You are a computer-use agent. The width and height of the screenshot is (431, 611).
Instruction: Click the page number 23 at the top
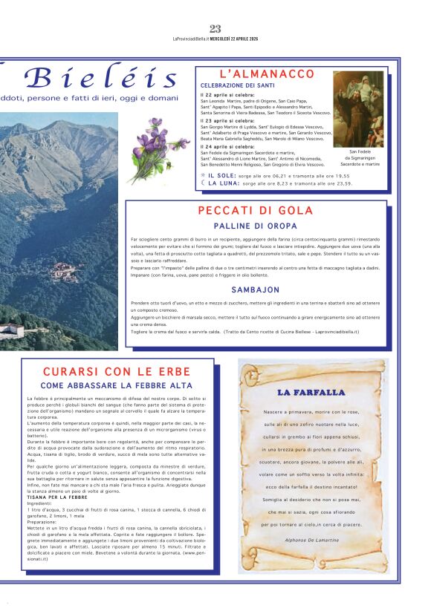pyautogui.click(x=215, y=29)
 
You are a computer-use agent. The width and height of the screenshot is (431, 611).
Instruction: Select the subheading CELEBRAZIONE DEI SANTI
pyautogui.click(x=236, y=86)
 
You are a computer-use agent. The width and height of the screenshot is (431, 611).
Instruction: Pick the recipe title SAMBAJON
pyautogui.click(x=255, y=290)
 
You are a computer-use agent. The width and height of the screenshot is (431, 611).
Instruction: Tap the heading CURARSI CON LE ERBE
pyautogui.click(x=117, y=371)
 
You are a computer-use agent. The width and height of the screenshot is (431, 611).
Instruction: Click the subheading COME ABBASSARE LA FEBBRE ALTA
pyautogui.click(x=117, y=386)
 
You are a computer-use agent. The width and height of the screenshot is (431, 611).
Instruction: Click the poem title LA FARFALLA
pyautogui.click(x=311, y=392)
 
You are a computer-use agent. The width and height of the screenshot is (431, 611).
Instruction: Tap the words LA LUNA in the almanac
pyautogui.click(x=221, y=183)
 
